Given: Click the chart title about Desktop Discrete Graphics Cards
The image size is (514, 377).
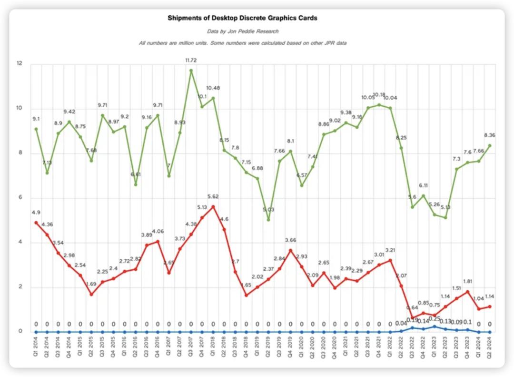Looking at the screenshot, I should point(242,18).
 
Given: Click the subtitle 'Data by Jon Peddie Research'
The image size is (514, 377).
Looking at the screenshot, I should point(242,31).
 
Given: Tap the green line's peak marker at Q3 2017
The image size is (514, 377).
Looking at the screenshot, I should point(191,71).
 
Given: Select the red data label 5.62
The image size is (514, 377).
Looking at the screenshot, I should point(213,196).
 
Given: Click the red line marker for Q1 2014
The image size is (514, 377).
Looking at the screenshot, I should point(36,223).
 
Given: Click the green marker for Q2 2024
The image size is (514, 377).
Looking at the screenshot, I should point(490,145).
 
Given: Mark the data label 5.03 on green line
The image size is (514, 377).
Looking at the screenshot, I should point(268,209).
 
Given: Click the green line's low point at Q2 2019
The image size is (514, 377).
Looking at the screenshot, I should point(268,220).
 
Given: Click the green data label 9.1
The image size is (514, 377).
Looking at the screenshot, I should point(36,119).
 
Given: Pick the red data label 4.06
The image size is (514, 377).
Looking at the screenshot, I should point(158,232).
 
